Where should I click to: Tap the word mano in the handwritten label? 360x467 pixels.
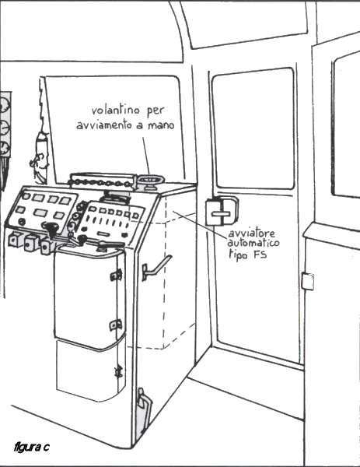pyautogui.click(x=161, y=125)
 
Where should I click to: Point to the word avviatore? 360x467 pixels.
pyautogui.click(x=251, y=233)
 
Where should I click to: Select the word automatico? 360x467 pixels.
pyautogui.click(x=253, y=243)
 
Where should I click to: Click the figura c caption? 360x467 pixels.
pyautogui.click(x=32, y=447)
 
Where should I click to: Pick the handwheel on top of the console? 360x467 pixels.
pyautogui.click(x=151, y=181)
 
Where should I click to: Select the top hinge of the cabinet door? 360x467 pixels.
pyautogui.click(x=117, y=275)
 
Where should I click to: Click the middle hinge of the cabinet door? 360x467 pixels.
pyautogui.click(x=116, y=325)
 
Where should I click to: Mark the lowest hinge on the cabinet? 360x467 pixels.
pyautogui.click(x=119, y=371)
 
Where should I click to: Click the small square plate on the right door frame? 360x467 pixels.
pyautogui.click(x=307, y=281)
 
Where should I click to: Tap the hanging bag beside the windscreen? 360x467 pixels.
pyautogui.click(x=40, y=157)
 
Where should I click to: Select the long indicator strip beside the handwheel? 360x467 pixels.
pyautogui.click(x=102, y=181)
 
